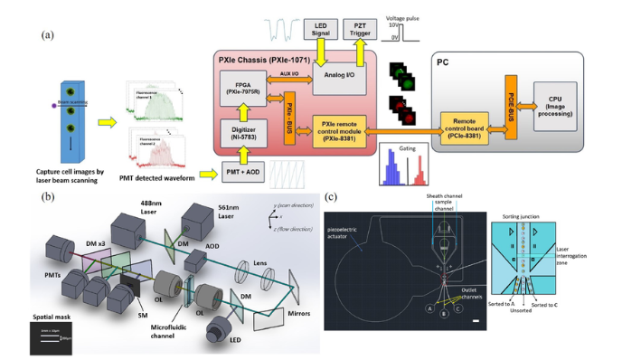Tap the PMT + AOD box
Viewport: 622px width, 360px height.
click(x=249, y=170)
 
